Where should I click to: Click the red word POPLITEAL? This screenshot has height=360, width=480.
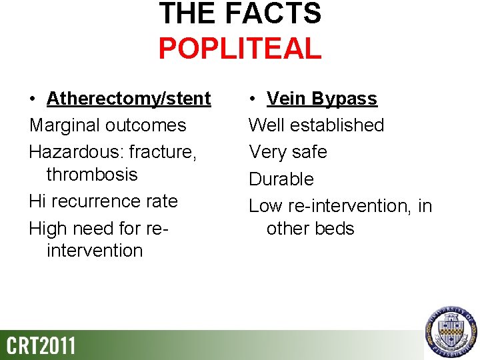pyautogui.click(x=240, y=49)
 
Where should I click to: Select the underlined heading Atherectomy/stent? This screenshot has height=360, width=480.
pyautogui.click(x=129, y=99)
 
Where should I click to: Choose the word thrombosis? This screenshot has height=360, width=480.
pyautogui.click(x=92, y=175)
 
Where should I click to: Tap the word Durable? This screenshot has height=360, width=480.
pyautogui.click(x=281, y=179)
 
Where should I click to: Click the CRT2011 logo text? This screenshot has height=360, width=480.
pyautogui.click(x=41, y=346)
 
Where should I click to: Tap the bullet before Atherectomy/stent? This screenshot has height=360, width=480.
pyautogui.click(x=33, y=99)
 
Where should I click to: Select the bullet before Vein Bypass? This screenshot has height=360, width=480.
pyautogui.click(x=253, y=99)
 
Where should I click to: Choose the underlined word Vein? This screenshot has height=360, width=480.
pyautogui.click(x=287, y=99)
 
